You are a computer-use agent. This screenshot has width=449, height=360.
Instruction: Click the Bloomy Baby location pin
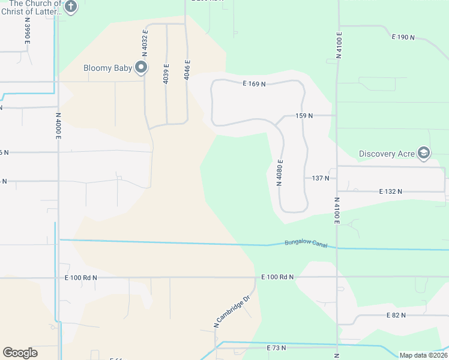(141, 67)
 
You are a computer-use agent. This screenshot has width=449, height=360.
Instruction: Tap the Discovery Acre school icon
(424, 153)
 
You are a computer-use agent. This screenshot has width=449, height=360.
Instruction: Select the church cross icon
(71, 7)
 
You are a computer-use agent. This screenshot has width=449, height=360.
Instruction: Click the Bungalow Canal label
(301, 243)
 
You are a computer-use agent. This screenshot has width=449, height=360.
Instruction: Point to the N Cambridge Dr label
(232, 312)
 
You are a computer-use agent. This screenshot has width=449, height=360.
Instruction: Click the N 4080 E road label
(279, 173)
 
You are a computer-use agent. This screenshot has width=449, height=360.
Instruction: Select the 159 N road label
(304, 115)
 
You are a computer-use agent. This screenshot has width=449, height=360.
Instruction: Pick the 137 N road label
(321, 178)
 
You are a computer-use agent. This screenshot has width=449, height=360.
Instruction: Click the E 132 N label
(390, 191)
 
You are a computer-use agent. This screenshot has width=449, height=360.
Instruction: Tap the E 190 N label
(403, 37)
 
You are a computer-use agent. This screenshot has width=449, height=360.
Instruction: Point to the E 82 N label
(397, 315)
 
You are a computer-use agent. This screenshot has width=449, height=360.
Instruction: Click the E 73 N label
(277, 347)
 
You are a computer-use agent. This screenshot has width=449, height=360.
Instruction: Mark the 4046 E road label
(187, 70)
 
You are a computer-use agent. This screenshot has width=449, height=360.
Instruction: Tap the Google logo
(20, 353)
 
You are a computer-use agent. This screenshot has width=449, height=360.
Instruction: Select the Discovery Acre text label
(387, 154)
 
